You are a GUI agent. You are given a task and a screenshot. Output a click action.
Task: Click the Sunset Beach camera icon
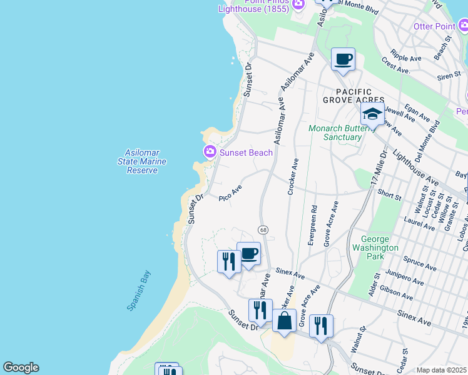(x=210, y=152)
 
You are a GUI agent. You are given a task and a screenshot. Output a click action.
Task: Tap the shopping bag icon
(x=284, y=322)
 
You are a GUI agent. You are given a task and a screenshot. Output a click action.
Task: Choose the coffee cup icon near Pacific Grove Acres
(x=342, y=60)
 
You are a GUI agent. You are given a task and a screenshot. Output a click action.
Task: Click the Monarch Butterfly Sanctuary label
(x=335, y=132)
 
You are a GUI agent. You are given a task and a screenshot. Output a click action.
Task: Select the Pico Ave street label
(x=230, y=193)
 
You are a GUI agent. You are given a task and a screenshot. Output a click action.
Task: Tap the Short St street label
(x=389, y=196)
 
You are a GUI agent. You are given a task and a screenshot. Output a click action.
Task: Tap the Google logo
(x=21, y=367)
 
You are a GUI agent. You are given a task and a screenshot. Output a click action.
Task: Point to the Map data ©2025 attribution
(x=441, y=370)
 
